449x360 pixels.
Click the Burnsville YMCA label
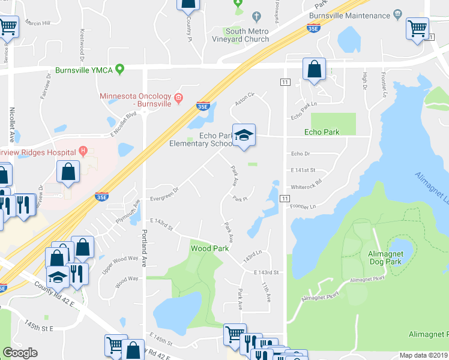pos(84,70)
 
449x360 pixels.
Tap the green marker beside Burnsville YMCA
pos(120,70)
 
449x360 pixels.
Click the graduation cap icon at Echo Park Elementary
pos(244,135)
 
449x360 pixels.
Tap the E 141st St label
pos(303,171)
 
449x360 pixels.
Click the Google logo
pos(20,353)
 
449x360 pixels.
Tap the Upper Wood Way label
pos(120,260)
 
